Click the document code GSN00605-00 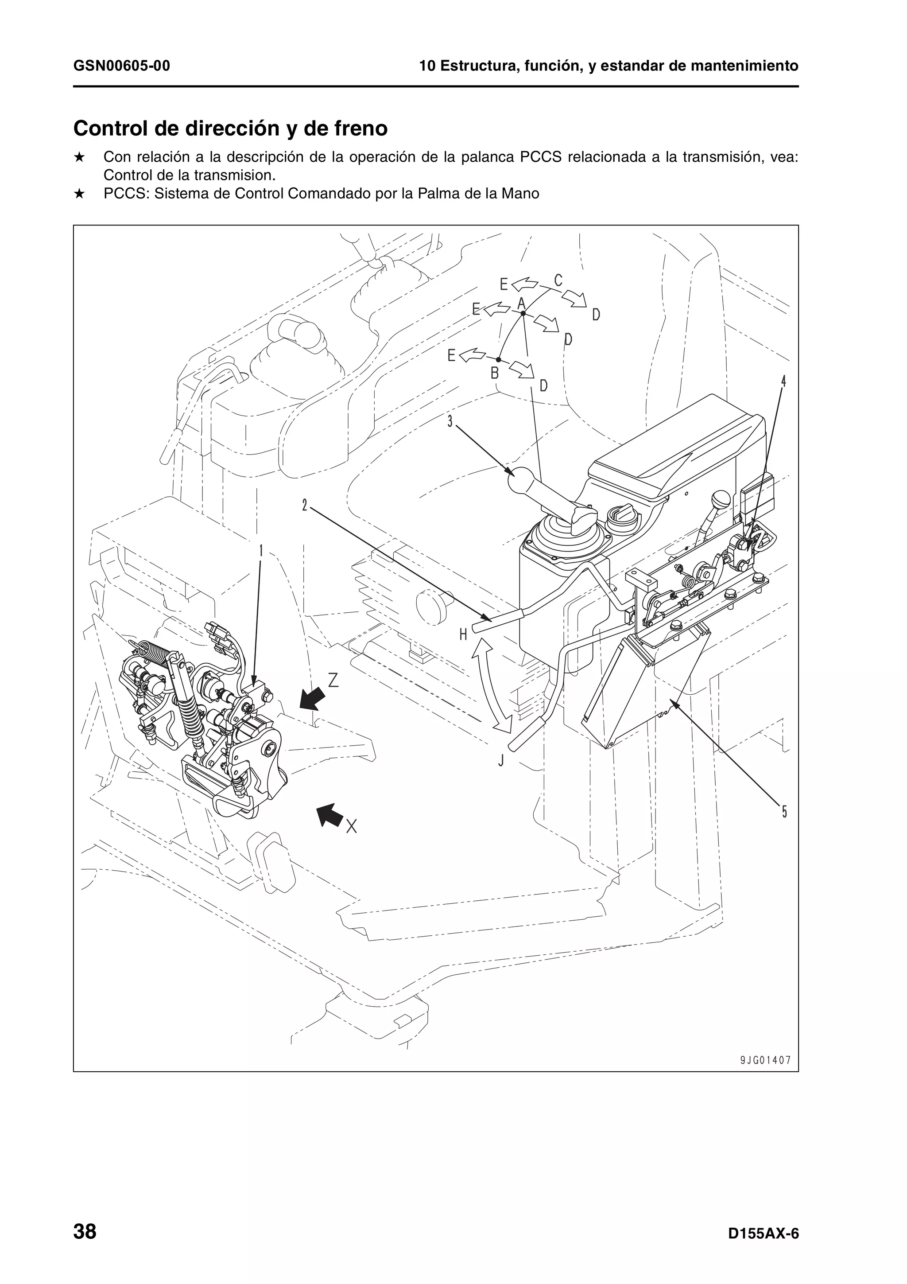121,66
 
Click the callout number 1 261,551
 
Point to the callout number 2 305,506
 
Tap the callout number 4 783,381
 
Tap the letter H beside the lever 463,634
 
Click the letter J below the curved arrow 501,761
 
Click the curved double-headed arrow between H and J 491,686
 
